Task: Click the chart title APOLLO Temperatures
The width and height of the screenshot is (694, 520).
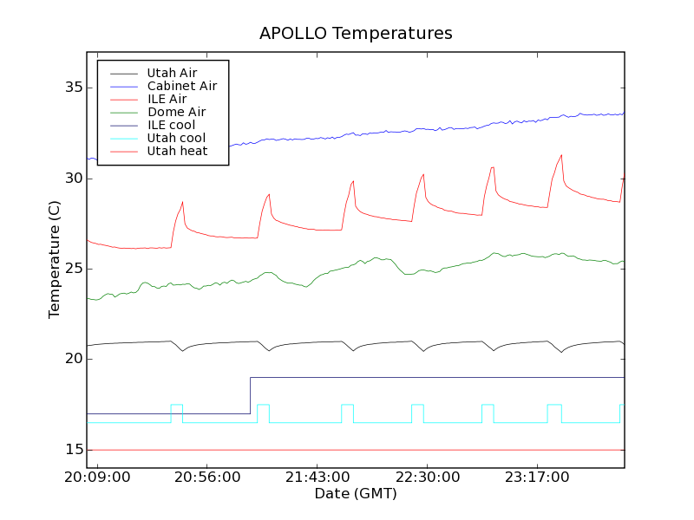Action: coord(356,34)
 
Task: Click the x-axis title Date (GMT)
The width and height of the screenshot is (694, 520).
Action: coord(356,494)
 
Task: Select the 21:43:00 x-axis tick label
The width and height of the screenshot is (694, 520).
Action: coord(318,478)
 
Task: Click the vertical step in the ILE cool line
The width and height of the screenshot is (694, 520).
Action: coord(250,395)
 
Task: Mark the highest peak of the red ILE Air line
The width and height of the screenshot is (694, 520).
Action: coord(561,155)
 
